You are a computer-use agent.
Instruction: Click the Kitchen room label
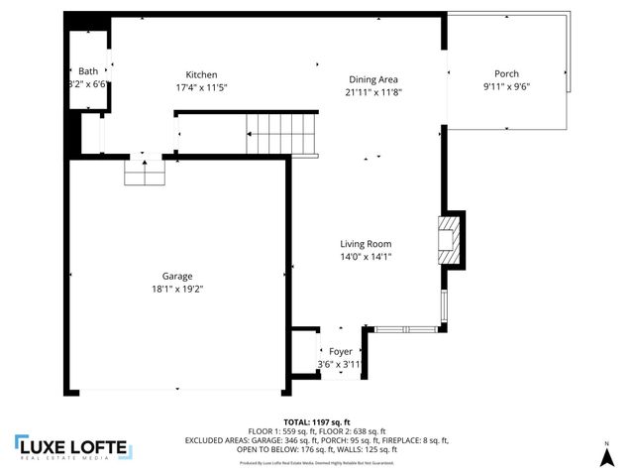tap(201, 75)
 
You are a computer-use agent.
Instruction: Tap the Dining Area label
tap(373, 79)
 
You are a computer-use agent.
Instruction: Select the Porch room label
tap(506, 74)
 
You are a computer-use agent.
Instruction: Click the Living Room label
tap(366, 244)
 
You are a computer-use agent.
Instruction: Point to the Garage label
tap(177, 277)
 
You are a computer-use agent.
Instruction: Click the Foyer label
tap(341, 352)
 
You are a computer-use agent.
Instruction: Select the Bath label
tap(89, 71)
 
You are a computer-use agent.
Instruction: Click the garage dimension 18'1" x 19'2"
tap(177, 289)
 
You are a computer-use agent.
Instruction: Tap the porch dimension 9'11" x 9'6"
tap(506, 86)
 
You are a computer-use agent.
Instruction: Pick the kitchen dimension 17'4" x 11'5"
tap(201, 87)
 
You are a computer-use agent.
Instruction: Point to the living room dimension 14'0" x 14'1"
tap(366, 256)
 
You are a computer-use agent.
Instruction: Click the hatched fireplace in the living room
tap(450, 239)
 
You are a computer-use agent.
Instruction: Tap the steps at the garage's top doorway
tap(144, 175)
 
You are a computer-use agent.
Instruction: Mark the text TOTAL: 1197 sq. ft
tap(316, 422)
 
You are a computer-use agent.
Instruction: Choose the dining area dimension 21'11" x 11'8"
tap(373, 91)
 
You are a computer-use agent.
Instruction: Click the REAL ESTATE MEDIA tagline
tap(71, 458)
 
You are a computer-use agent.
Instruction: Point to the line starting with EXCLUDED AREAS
tap(316, 440)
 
